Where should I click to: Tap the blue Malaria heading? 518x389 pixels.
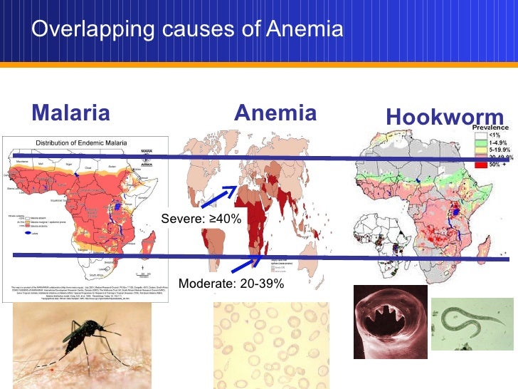pyautogui.click(x=71, y=113)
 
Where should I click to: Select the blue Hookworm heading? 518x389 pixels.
pyautogui.click(x=444, y=118)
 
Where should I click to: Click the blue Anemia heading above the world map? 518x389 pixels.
pyautogui.click(x=275, y=113)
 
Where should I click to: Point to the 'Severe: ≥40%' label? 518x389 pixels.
pyautogui.click(x=201, y=219)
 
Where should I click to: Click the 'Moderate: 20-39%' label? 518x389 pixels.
pyautogui.click(x=231, y=284)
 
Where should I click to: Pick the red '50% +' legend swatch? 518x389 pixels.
pyautogui.click(x=480, y=165)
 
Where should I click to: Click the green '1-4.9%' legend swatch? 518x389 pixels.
pyautogui.click(x=480, y=142)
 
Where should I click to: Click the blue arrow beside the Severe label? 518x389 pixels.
pyautogui.click(x=218, y=197)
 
